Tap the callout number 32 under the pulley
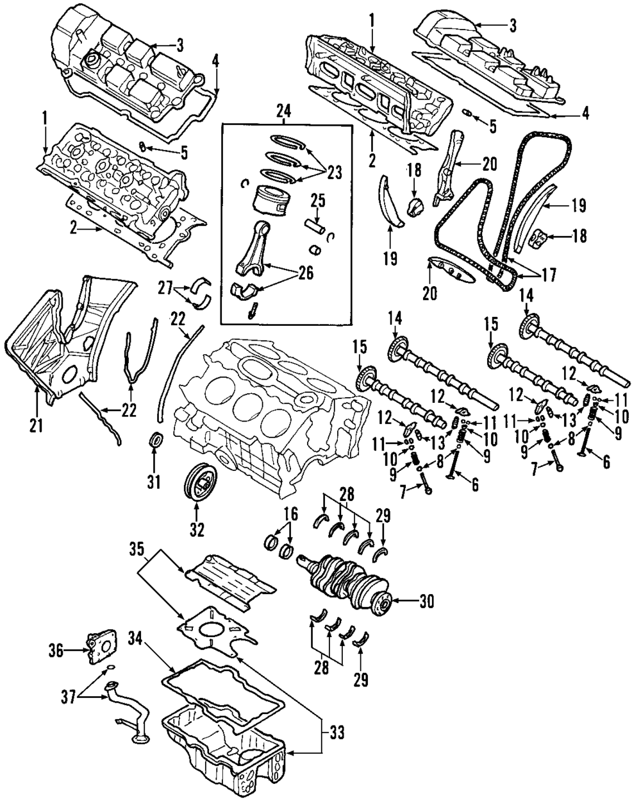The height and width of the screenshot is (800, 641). point(196,529)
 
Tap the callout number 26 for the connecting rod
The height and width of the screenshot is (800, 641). point(306,273)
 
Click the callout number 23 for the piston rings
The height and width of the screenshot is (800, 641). point(334,172)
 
